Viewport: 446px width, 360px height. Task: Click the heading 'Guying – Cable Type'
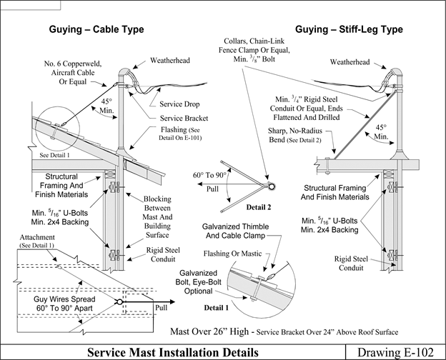tap(96, 30)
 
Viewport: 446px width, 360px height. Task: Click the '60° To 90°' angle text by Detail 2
tap(207, 174)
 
